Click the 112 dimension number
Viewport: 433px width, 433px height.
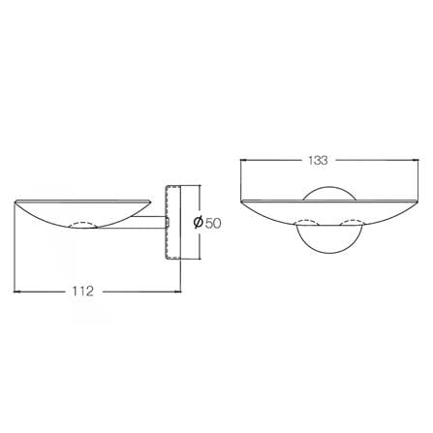coord(82,292)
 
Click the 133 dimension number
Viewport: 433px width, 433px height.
coord(318,160)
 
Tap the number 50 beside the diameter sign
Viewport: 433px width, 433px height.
coord(213,223)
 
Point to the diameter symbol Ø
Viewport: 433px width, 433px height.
coord(199,223)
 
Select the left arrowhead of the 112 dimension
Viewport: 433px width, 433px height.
coord(17,292)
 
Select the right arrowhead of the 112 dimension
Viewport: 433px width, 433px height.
coord(177,292)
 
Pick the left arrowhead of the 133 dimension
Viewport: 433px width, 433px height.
coord(244,160)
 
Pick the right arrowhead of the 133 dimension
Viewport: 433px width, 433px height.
coord(415,160)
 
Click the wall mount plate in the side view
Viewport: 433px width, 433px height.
coord(173,222)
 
